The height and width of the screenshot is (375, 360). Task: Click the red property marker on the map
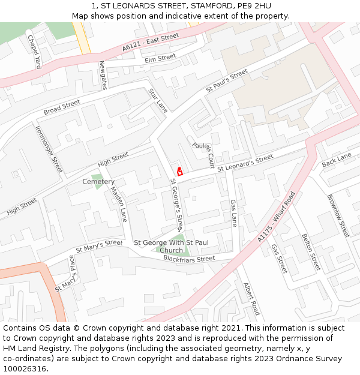179,171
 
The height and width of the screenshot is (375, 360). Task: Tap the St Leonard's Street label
245,163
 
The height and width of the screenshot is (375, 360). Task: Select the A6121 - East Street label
151,42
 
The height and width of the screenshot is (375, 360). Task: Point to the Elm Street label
160,59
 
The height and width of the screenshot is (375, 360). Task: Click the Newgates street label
103,75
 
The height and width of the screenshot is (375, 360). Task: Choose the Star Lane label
158,100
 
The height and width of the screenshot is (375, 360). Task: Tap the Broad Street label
62,108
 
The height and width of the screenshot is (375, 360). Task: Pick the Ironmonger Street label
49,149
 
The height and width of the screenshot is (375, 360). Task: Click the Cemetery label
98,181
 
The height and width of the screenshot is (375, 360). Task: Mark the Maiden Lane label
119,204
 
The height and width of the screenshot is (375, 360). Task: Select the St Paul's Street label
227,81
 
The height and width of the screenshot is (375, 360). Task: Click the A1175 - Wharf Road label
277,217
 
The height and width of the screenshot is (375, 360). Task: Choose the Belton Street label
311,252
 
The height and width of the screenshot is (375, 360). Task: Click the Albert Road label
252,299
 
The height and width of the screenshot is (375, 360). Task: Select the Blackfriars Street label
189,259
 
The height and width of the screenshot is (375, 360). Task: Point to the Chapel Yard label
34,52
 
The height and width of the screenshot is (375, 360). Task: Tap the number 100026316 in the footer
26,369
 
